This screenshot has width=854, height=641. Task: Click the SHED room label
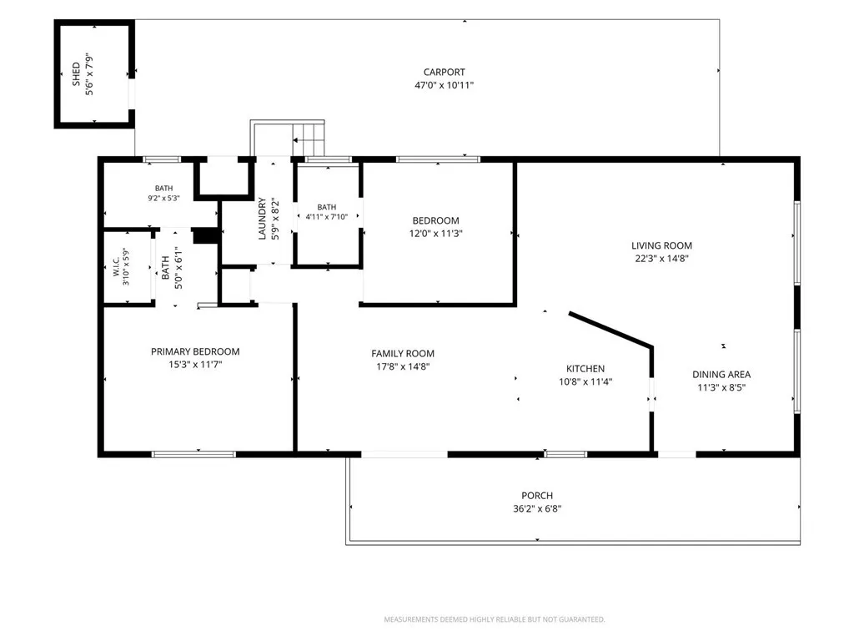(76, 74)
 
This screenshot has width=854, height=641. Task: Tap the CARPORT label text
(445, 72)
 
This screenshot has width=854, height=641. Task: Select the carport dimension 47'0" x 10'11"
(445, 85)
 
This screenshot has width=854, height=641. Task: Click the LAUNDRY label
(262, 218)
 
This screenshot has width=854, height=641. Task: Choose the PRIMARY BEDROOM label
(195, 351)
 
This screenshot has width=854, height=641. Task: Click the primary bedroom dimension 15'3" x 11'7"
(195, 365)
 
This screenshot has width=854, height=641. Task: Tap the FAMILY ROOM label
(403, 353)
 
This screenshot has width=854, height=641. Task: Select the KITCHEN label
(585, 368)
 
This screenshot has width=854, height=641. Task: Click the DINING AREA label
(721, 375)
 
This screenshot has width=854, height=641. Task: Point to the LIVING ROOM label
(661, 246)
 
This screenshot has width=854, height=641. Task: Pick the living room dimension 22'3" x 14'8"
(661, 259)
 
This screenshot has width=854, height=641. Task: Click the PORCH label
(537, 496)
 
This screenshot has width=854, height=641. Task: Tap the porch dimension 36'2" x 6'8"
(537, 508)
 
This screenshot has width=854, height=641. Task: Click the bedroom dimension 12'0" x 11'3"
(435, 234)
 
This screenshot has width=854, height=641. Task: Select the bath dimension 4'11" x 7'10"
(327, 217)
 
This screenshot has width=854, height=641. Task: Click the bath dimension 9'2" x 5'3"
(164, 199)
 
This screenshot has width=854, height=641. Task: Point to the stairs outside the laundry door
(309, 139)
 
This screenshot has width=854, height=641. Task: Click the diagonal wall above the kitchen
(610, 329)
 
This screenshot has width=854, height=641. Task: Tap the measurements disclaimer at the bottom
(495, 619)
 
